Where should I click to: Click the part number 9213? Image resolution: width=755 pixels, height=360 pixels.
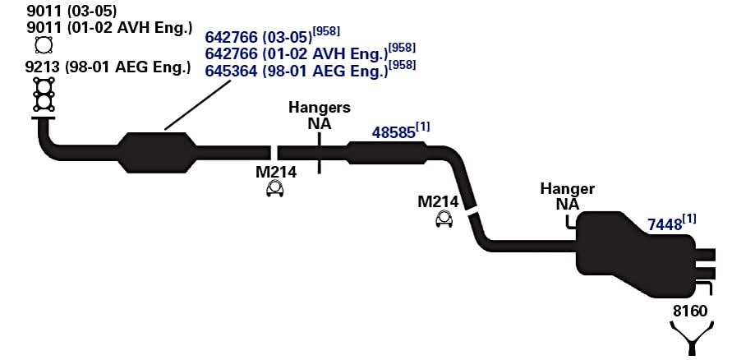(x=43, y=67)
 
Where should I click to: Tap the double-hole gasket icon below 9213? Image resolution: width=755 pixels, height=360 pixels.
(x=44, y=95)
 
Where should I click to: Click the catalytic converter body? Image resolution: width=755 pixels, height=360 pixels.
(x=158, y=152)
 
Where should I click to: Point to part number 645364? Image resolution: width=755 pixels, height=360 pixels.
(x=231, y=71)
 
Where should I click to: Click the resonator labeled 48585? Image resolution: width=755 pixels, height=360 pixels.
(x=387, y=153)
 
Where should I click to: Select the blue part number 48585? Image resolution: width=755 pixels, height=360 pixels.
(x=394, y=132)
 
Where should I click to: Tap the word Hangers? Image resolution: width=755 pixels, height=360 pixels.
(x=320, y=108)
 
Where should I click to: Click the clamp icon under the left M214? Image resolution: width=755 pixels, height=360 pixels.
(x=275, y=188)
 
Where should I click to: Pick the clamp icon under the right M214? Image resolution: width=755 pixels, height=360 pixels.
(x=444, y=219)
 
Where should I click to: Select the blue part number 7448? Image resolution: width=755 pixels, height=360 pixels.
(x=665, y=224)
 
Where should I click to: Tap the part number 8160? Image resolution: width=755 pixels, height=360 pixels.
(x=690, y=311)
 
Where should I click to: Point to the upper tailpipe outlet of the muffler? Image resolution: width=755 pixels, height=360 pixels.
(x=706, y=255)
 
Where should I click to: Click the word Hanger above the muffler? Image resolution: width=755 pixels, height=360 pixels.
(x=567, y=189)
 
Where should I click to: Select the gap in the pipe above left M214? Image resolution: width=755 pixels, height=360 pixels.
(x=274, y=153)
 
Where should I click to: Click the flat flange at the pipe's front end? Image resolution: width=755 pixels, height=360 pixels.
(x=44, y=118)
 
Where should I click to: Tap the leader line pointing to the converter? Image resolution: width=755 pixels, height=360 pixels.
(x=197, y=104)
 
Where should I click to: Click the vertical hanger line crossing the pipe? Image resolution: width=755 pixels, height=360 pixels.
(x=320, y=152)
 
